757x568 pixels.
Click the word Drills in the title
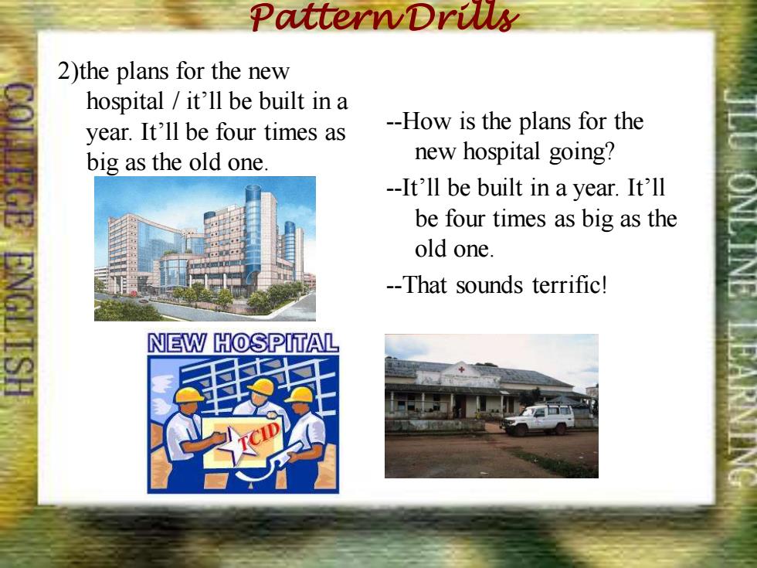coord(462,16)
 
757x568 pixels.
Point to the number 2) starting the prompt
coord(68,71)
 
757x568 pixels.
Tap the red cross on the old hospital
coord(462,369)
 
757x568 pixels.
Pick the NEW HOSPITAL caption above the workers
coord(243,343)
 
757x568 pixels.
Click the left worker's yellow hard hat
coord(188,395)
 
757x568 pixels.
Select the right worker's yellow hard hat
coord(300,395)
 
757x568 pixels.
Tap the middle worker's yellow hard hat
coord(262,386)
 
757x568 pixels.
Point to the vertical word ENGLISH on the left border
coord(19,324)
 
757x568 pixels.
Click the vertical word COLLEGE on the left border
coord(19,155)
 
